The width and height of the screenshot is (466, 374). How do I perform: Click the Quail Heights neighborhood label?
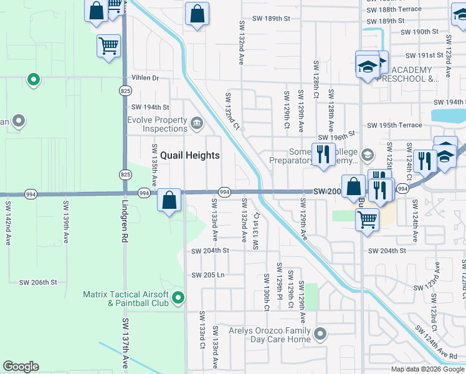190,155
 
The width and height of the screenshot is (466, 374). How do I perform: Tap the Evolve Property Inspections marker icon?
197,122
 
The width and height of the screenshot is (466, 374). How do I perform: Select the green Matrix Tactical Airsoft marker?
179,299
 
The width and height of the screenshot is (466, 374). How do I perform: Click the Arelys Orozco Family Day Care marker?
321,334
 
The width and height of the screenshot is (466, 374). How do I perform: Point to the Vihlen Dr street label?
145,78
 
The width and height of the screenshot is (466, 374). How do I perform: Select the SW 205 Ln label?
207,275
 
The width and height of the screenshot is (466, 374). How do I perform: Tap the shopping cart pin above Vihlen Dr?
108,46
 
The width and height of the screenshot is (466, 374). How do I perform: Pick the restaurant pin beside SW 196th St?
323,155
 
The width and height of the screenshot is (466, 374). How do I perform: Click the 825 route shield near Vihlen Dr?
125,91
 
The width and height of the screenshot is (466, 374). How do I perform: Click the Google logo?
21,367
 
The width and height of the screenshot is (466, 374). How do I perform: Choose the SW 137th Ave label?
125,343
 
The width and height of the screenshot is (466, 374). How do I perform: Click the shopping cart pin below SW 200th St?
368,219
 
